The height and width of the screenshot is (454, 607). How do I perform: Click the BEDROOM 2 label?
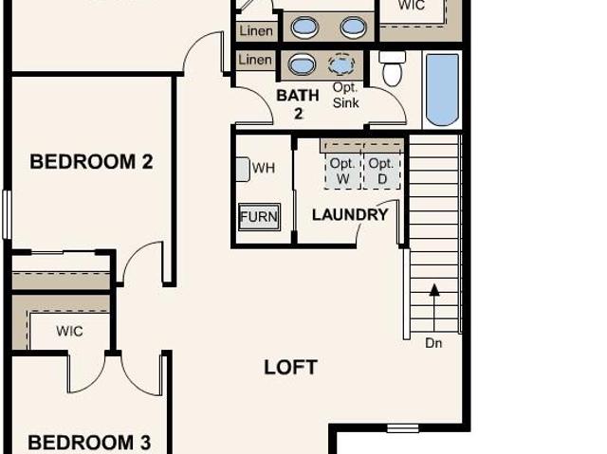91,162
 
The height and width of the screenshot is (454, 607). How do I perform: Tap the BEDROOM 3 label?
89,443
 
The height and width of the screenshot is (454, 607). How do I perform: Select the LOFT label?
291,367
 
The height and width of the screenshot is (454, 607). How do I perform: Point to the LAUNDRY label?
350,214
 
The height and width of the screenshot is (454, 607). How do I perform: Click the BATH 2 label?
298,104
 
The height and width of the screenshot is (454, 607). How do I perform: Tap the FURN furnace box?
259,216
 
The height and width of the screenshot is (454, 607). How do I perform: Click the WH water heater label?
264,168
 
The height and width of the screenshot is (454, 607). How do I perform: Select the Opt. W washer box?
343,171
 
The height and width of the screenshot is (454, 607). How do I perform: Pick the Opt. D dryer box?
381,171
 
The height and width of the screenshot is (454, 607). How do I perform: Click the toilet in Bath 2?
392,69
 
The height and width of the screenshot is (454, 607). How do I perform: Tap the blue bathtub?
442,90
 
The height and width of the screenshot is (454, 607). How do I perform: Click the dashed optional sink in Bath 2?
341,64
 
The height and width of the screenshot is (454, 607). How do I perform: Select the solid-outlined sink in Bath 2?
302,64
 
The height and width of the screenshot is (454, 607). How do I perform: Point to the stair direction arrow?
434,308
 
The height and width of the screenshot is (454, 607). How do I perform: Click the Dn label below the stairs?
433,343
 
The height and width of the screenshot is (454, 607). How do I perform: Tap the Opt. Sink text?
345,95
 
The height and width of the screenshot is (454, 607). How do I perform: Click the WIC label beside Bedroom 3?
69,331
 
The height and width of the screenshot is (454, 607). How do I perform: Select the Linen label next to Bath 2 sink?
255,60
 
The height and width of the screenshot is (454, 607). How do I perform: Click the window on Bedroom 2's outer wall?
7,214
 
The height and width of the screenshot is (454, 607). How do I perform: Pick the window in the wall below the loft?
402,428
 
